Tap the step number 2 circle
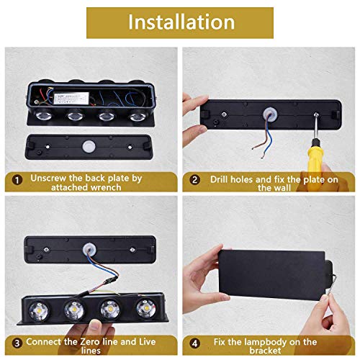pos(193,179)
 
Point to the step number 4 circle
pos(193,343)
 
